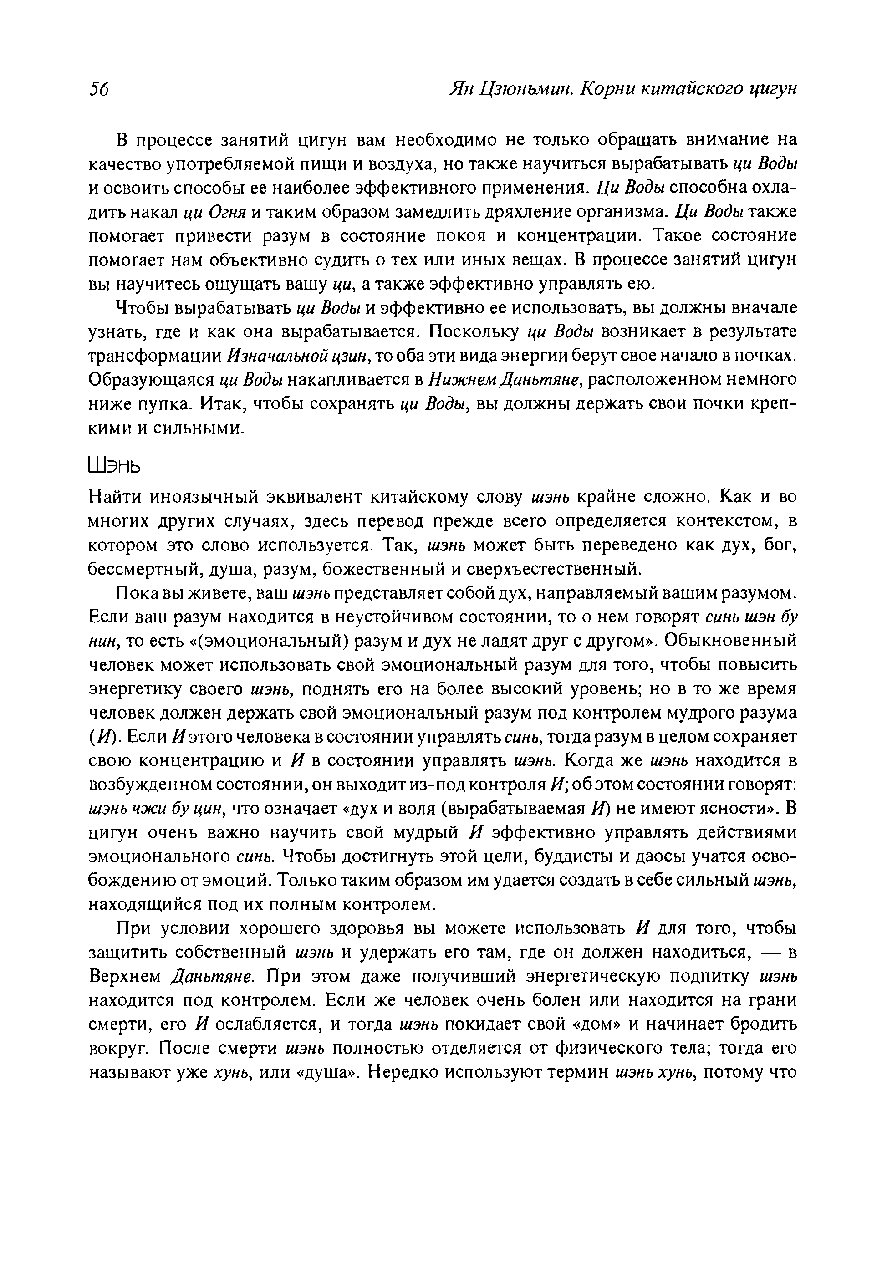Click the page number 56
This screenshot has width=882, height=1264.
[99, 88]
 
